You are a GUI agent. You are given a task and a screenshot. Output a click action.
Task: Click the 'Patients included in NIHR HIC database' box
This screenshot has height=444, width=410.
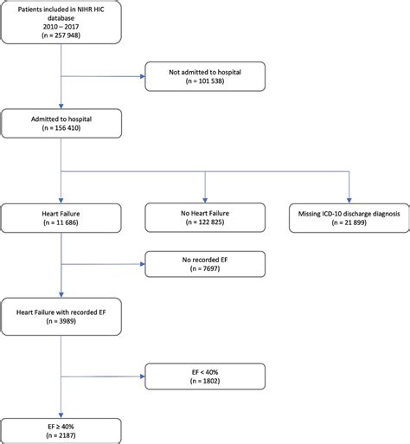(61, 23)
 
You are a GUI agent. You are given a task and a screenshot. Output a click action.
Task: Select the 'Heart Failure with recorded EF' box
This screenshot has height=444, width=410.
(61, 311)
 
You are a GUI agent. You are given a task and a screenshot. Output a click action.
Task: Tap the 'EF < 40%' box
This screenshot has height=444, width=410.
(205, 375)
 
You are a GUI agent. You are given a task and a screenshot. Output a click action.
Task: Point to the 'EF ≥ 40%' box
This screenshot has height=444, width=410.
(61, 429)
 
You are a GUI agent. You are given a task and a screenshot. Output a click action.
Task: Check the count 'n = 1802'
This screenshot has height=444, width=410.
(205, 382)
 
